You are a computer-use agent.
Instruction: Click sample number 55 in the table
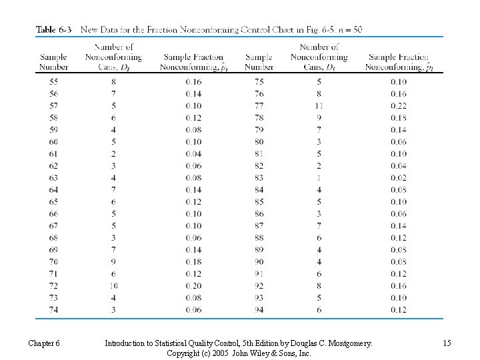[x=54, y=82]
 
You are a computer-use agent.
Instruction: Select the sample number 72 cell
[x=54, y=286]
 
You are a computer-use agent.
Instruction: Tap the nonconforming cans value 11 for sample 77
[x=319, y=106]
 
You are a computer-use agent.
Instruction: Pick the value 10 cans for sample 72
[x=114, y=286]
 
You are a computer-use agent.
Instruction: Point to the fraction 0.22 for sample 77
[x=399, y=106]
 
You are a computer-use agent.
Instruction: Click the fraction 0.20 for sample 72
[x=193, y=286]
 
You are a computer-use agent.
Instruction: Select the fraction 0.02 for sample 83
[x=399, y=178]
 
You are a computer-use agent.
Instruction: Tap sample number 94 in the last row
[x=259, y=310]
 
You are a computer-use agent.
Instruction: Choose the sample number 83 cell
[x=259, y=178]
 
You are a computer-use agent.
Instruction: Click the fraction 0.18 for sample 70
[x=193, y=262]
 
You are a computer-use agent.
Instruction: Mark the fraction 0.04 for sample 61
[x=193, y=154]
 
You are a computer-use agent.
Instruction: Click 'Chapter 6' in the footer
[x=44, y=343]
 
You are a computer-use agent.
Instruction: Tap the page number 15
[x=446, y=343]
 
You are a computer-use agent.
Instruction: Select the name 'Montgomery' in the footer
[x=347, y=343]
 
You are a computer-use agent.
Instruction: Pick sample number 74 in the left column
[x=54, y=310]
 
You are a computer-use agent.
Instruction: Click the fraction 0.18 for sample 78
[x=399, y=118]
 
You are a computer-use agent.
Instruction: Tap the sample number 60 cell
[x=54, y=142]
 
